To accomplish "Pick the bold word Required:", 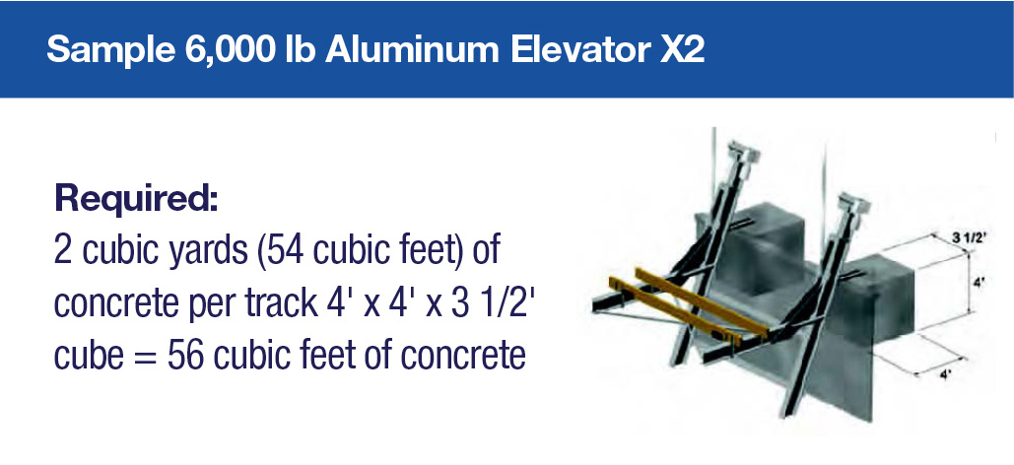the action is point(136,199).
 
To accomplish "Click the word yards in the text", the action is point(201,251).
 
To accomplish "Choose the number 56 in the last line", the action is point(187,356).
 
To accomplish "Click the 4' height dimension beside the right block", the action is point(980,282).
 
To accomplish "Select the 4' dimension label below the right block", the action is point(944,375).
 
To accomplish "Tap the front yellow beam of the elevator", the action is point(687,311).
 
